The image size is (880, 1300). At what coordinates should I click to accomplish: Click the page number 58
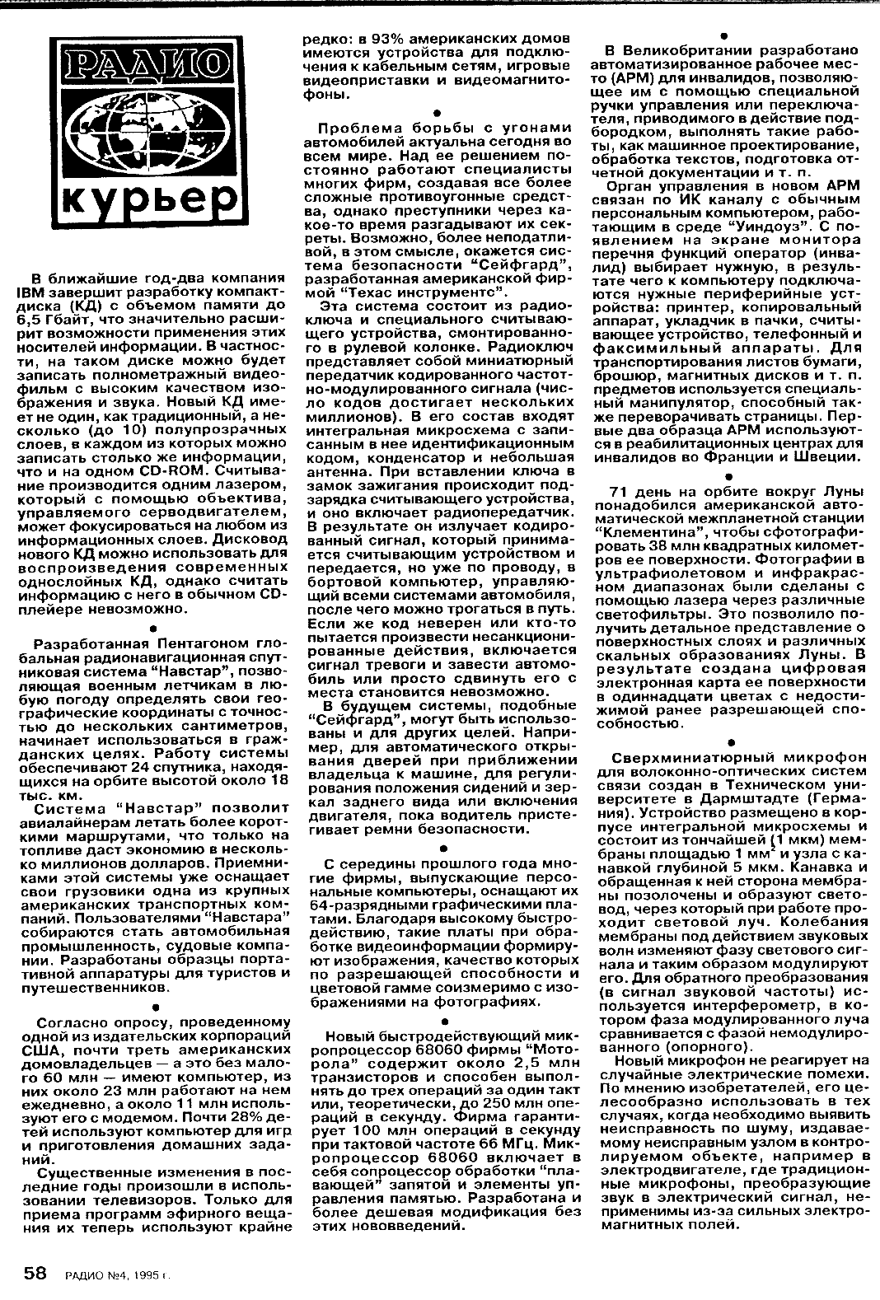tap(33, 1274)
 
